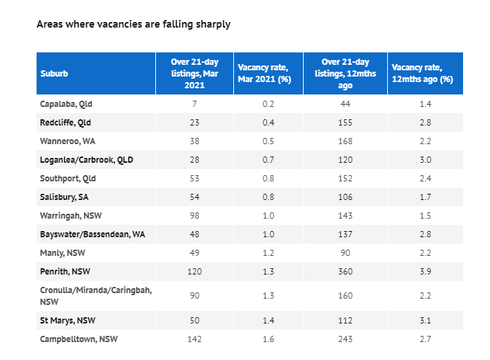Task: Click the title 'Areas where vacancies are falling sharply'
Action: [x=133, y=24]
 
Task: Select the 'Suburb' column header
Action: [x=54, y=73]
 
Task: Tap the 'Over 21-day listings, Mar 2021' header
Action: [x=195, y=73]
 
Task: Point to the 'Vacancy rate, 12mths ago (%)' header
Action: [x=422, y=73]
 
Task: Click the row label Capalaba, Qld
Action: [x=66, y=104]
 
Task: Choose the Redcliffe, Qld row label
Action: [x=66, y=122]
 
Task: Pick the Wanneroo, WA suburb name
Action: [x=68, y=141]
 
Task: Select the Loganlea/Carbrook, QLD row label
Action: [x=86, y=160]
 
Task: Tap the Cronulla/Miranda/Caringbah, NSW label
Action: [x=96, y=296]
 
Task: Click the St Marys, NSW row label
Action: [x=68, y=321]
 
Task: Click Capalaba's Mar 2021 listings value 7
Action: [x=195, y=103]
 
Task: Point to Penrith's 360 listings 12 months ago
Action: [x=345, y=271]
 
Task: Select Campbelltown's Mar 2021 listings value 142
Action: [x=195, y=339]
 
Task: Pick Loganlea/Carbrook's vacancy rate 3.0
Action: [x=425, y=160]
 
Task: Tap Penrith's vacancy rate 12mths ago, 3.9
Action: [x=425, y=271]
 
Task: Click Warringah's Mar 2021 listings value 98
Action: [x=195, y=215]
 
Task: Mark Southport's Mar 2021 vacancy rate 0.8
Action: [x=268, y=179]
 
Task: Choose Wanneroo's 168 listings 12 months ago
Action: [x=345, y=141]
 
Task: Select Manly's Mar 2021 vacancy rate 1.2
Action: [x=268, y=252]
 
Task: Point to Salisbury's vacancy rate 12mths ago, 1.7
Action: [x=425, y=197]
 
